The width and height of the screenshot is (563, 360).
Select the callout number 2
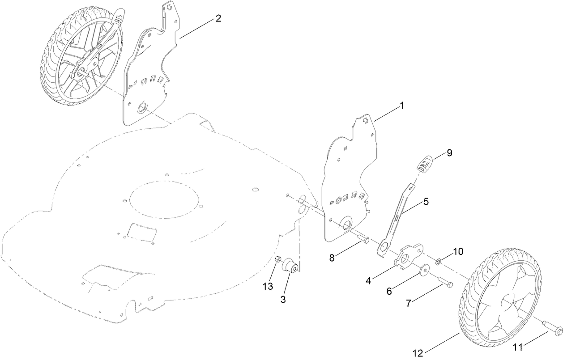(x=218, y=18)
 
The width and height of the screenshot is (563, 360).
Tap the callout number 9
(x=449, y=153)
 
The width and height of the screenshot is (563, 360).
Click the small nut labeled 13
(x=277, y=259)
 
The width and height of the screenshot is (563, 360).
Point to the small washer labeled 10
(x=439, y=260)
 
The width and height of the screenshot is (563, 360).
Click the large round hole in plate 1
(x=345, y=225)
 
